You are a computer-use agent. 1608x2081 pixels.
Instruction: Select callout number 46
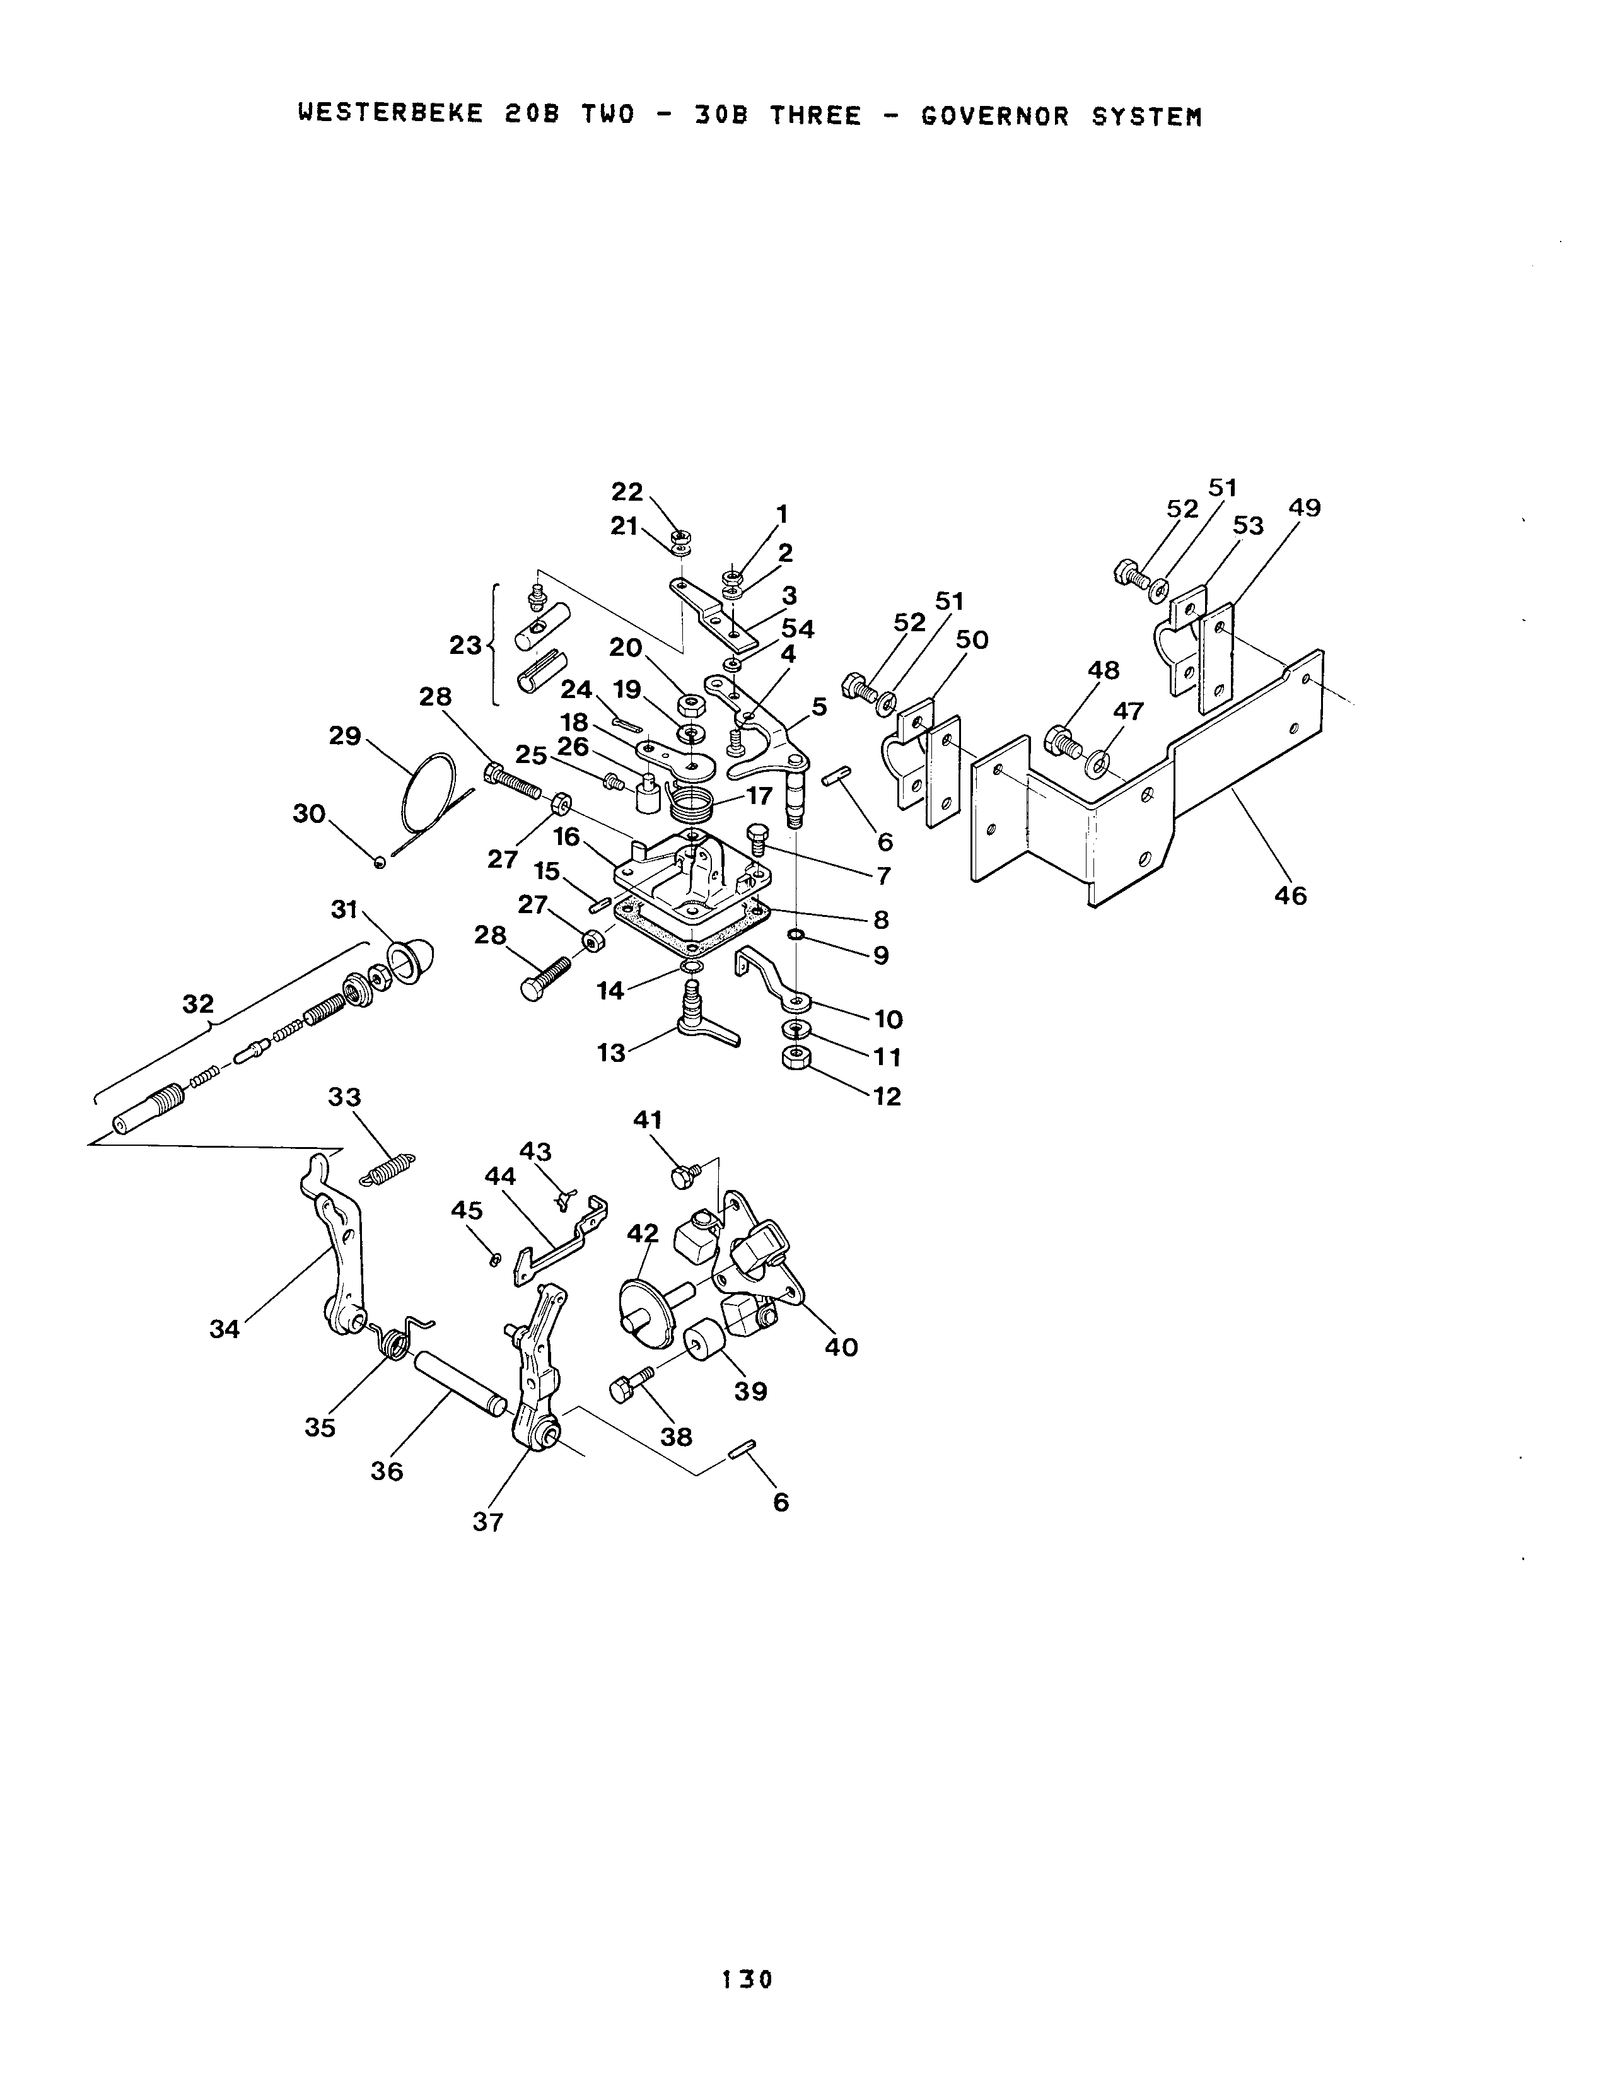click(1291, 895)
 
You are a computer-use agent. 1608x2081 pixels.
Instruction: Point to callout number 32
click(198, 1003)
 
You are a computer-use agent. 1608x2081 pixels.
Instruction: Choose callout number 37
click(487, 1523)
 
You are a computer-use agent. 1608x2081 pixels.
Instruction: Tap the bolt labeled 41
click(686, 1176)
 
